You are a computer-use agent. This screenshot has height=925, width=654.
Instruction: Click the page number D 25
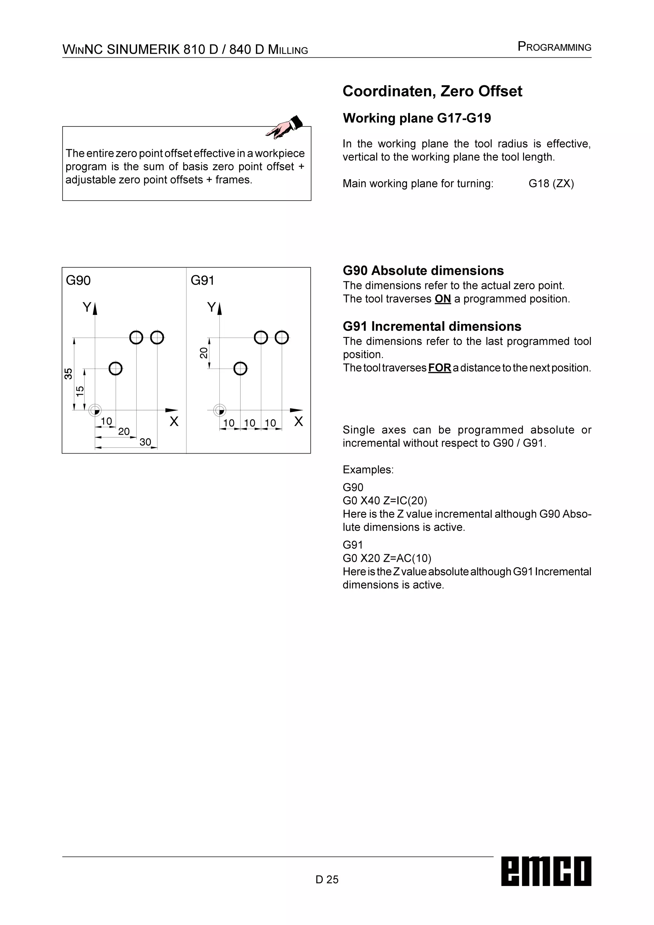(327, 879)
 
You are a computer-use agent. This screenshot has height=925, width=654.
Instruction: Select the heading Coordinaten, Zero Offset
(432, 91)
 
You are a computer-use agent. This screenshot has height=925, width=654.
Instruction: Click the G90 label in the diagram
(78, 280)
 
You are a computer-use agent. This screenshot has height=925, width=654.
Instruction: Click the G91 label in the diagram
(202, 280)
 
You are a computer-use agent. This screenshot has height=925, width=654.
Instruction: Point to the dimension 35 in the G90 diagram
(68, 373)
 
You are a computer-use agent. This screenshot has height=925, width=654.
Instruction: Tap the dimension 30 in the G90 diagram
(145, 442)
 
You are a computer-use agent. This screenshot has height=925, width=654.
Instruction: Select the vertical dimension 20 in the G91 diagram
(204, 353)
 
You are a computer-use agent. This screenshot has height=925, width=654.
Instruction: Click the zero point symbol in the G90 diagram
(95, 410)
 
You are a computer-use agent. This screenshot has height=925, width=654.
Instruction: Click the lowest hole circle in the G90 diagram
(116, 368)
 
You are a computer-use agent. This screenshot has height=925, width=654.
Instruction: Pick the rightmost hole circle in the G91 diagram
(282, 337)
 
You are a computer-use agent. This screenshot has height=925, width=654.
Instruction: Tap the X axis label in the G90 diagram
(174, 421)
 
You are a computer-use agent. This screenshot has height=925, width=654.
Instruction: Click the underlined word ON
(443, 299)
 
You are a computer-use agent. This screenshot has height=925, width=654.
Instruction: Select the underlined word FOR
(439, 368)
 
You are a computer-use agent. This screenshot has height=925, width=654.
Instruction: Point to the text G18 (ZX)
(551, 184)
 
